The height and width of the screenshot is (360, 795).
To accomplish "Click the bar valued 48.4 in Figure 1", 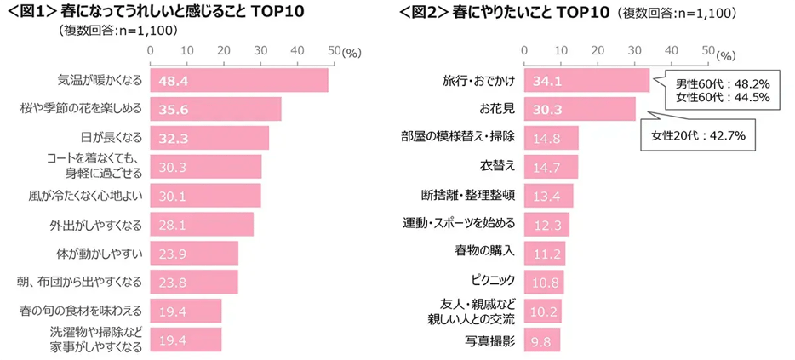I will (239, 80).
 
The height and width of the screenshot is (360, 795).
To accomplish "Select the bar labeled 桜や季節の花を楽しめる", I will (215, 109).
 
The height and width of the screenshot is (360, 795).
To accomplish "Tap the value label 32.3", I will (174, 138).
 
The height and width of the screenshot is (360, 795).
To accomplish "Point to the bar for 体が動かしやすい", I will (194, 254).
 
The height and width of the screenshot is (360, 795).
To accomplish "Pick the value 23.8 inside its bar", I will (174, 282).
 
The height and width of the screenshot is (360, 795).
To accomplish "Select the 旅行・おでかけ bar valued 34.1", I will (587, 80).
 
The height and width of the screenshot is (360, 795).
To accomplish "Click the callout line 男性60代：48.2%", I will (722, 84).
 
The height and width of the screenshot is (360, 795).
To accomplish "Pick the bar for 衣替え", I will (552, 167).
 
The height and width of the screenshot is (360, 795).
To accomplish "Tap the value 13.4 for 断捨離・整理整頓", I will (547, 196).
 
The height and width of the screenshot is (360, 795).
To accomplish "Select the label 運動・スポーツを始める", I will (459, 224).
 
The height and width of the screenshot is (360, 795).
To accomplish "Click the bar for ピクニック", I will (545, 282).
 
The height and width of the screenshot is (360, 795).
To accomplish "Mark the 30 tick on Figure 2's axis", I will (634, 51).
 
